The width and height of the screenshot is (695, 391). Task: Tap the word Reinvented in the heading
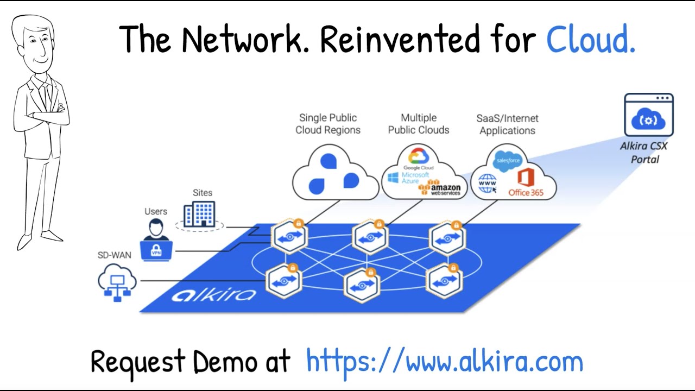[400, 39]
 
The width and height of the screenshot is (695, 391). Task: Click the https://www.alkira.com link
[444, 362]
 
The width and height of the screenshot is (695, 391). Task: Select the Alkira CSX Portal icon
[648, 115]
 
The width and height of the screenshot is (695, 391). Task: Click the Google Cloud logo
[419, 159]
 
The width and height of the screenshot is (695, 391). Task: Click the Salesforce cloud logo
[508, 161]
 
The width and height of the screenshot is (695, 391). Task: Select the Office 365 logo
[526, 182]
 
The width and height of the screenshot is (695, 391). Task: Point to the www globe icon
[488, 184]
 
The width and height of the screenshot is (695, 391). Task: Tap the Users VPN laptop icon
[156, 242]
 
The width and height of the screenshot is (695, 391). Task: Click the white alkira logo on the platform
[213, 295]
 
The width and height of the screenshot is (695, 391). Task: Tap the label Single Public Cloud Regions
[328, 124]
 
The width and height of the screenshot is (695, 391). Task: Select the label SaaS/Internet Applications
[507, 124]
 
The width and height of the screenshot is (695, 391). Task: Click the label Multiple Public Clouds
[418, 124]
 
